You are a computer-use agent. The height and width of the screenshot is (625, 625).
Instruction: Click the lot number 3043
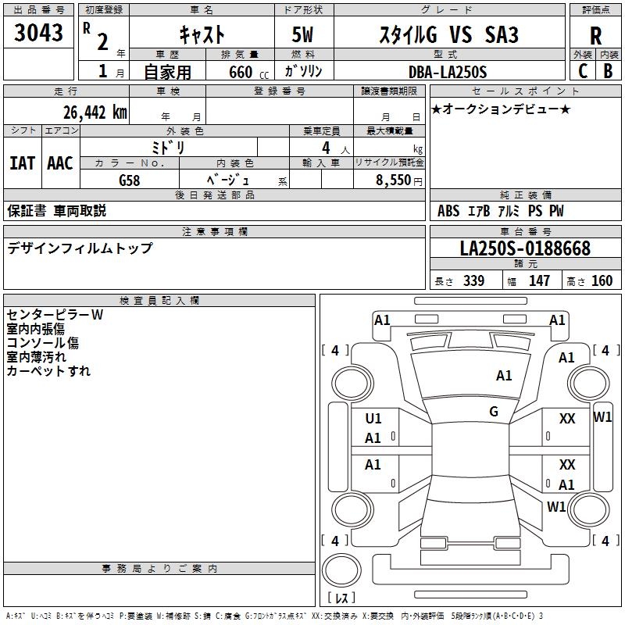pyautogui.click(x=39, y=34)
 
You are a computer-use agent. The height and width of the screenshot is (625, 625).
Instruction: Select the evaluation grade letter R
pyautogui.click(x=595, y=36)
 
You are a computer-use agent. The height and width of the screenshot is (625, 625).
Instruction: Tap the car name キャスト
pyautogui.click(x=202, y=34)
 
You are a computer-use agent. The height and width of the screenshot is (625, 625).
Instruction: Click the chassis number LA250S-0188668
pyautogui.click(x=525, y=248)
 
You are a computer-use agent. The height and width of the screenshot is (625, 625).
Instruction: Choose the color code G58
pyautogui.click(x=130, y=180)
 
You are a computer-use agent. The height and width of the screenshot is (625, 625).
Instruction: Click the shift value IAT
pyautogui.click(x=22, y=162)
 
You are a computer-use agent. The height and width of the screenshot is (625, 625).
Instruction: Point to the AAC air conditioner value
pyautogui.click(x=59, y=162)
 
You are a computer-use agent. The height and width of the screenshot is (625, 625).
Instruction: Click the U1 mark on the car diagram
pyautogui.click(x=373, y=419)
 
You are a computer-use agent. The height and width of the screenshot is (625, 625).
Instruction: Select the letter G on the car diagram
pyautogui.click(x=494, y=411)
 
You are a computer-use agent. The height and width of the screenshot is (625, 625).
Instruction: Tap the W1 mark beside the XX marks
pyautogui.click(x=603, y=417)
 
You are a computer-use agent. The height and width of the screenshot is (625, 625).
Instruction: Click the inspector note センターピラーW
pyautogui.click(x=55, y=315)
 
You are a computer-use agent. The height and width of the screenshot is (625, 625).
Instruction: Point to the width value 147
pyautogui.click(x=539, y=281)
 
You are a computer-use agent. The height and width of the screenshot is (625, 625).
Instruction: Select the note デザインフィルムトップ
pyautogui.click(x=80, y=248)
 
